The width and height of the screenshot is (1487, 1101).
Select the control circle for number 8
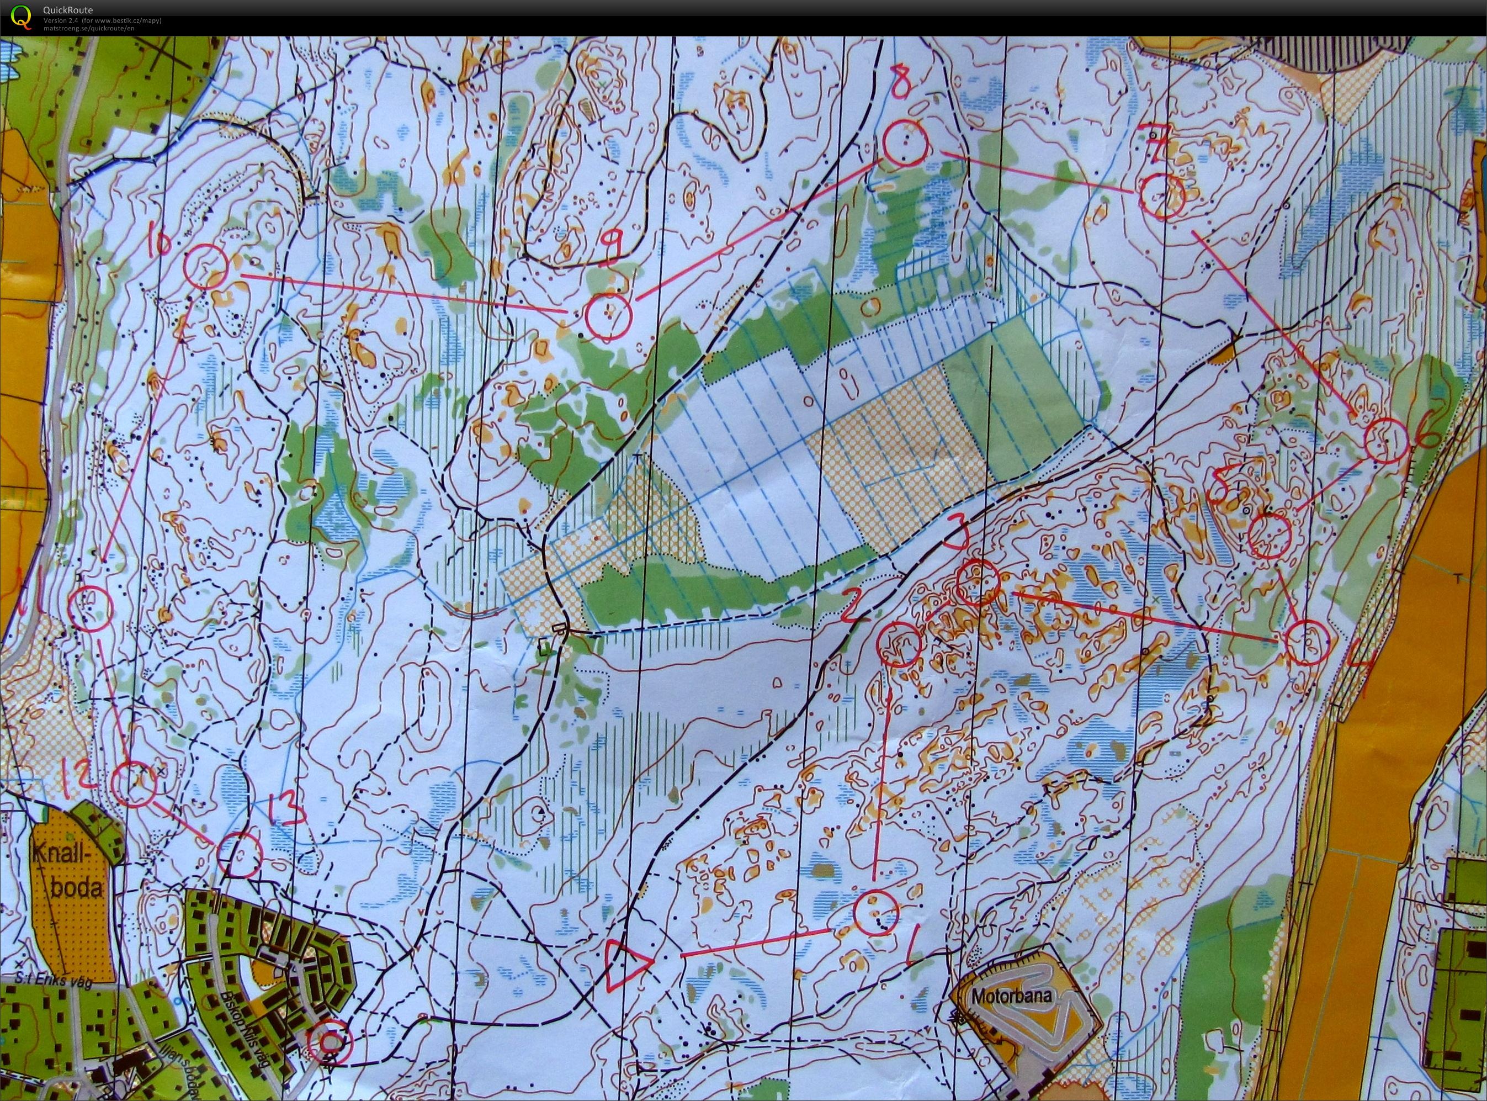[x=905, y=144]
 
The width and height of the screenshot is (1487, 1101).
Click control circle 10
[x=206, y=265]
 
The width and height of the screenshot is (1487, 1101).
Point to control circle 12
[x=134, y=785]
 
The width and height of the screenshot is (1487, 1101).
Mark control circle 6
[x=1386, y=441]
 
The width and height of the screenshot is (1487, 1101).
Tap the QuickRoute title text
[x=68, y=10]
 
